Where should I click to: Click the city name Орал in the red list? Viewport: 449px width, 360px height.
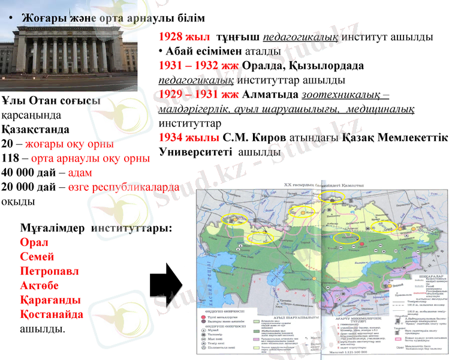(x=34, y=242)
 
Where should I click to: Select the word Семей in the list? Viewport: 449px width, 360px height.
(x=37, y=257)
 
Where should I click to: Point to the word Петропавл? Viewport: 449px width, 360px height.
(x=49, y=271)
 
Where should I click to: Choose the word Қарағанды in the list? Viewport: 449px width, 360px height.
(x=50, y=300)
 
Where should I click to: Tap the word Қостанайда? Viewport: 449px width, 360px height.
(x=52, y=314)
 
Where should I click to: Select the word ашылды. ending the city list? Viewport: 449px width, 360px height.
(x=43, y=329)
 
